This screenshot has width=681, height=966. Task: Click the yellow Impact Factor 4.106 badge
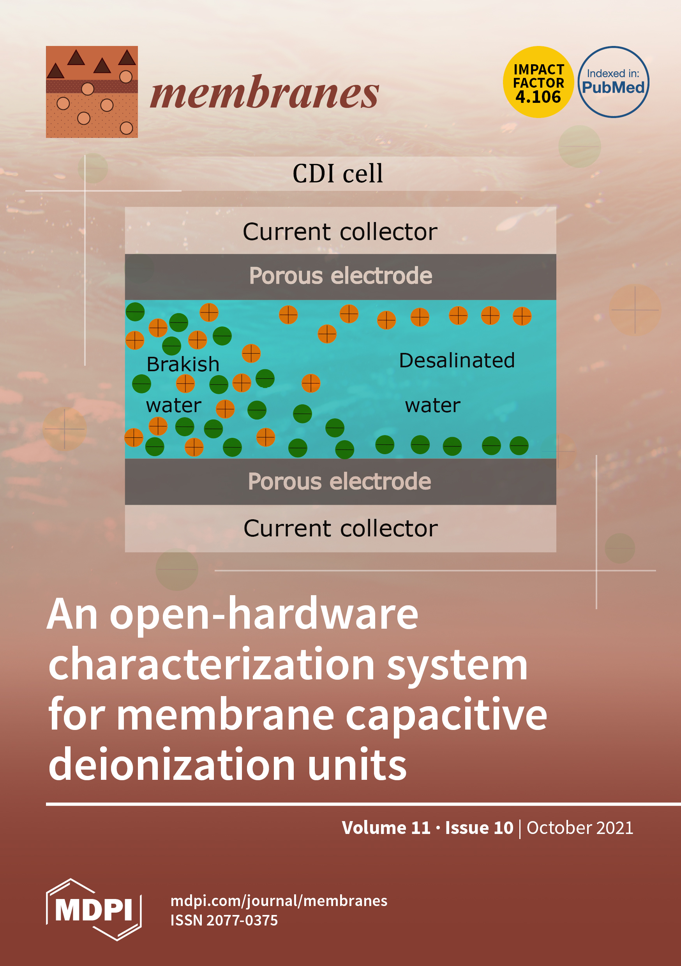(538, 82)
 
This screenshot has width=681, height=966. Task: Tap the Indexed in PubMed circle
(613, 82)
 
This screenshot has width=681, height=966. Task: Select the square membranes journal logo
(92, 92)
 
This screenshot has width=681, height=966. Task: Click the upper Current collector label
(340, 232)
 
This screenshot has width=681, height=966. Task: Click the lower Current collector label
(340, 529)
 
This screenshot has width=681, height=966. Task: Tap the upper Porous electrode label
(340, 276)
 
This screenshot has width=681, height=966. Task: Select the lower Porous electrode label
(339, 482)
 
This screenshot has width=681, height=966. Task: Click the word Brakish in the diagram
(183, 364)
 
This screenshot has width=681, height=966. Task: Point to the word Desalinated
(457, 361)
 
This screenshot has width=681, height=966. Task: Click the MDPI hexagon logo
(94, 910)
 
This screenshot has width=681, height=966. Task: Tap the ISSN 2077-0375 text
(224, 920)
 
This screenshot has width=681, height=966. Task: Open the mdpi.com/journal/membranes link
(279, 901)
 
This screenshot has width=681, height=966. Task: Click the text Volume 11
(386, 828)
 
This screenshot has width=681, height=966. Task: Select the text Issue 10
(479, 828)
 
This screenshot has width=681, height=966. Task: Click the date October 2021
(580, 828)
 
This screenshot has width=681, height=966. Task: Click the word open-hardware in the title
(264, 615)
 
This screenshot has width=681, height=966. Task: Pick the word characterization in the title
(211, 665)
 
